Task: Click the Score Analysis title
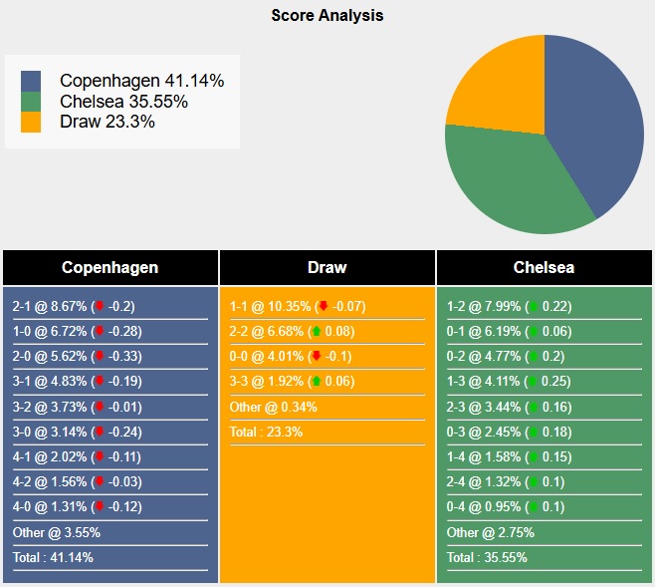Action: point(327,16)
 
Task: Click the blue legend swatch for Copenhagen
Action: point(31,81)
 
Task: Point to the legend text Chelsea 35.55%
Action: point(123,102)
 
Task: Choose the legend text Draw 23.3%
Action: point(107,122)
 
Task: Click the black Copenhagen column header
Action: point(109,267)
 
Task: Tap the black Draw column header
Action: point(327,267)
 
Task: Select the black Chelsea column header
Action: point(544,267)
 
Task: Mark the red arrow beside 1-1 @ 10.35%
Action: point(323,307)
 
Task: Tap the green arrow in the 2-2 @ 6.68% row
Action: point(317,332)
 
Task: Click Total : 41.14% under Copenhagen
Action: point(54,557)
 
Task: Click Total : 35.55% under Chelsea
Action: point(488,557)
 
